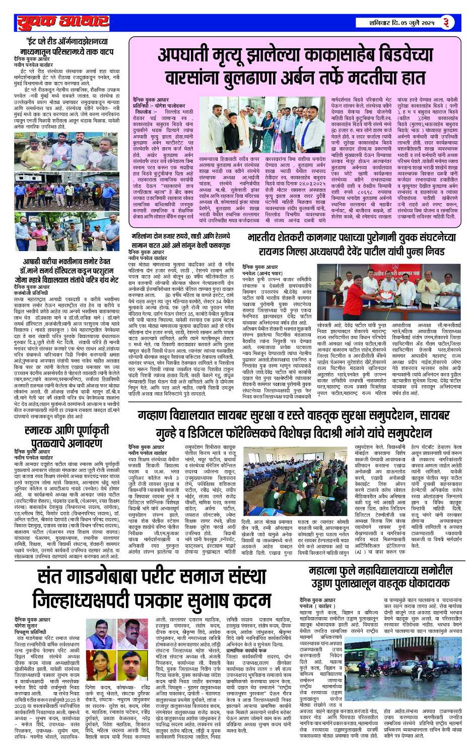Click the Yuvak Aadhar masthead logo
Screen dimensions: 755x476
(x=62, y=22)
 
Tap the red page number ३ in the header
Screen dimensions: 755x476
(x=445, y=22)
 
